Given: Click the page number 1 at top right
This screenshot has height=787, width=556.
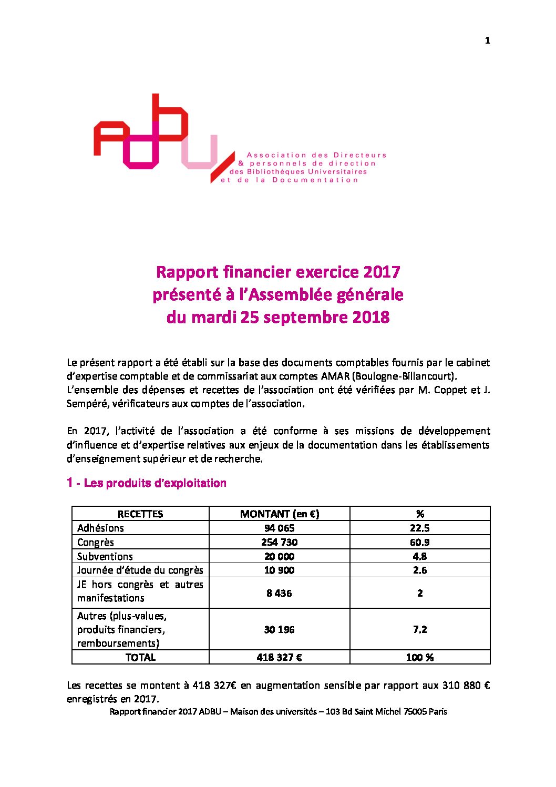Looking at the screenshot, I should click(487, 40).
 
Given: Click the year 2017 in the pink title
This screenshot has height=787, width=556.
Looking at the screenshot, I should click(382, 272).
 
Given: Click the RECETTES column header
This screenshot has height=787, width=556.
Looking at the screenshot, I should click(140, 514).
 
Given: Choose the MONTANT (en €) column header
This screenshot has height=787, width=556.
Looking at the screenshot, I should click(279, 514).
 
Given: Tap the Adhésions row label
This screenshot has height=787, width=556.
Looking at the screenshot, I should click(100, 528).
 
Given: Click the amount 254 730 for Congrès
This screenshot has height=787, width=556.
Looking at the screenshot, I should click(279, 542).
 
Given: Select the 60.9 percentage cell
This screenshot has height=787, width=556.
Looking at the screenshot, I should click(419, 542).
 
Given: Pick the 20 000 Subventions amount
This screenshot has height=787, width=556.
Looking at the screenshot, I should click(279, 556).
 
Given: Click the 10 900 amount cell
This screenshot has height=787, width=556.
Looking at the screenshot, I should click(279, 570).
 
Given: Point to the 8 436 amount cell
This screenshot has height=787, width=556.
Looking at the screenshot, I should click(279, 593).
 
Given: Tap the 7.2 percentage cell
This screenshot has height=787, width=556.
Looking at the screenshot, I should click(419, 629).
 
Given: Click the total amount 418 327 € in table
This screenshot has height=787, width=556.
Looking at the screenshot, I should click(279, 657).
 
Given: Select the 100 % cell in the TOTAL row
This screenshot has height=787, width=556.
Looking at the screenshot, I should click(419, 657).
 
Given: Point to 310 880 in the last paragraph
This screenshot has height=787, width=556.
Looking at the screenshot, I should click(461, 685).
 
